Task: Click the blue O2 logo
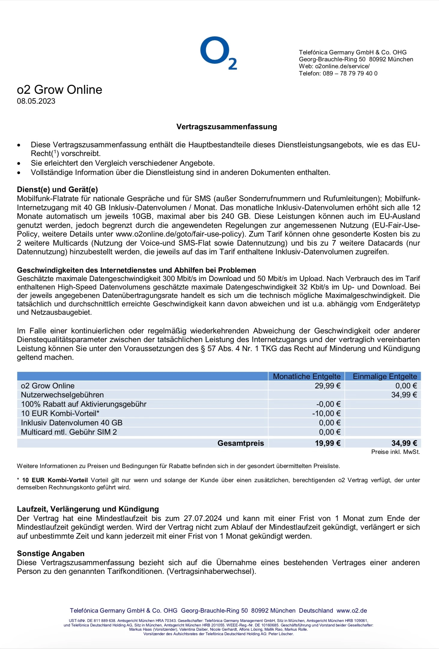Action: [x=218, y=53]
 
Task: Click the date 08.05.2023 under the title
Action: [x=36, y=101]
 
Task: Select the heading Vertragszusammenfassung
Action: [x=226, y=127]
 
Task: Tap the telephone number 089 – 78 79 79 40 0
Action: [x=350, y=73]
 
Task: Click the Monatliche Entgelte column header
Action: [x=307, y=376]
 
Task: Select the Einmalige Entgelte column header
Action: [x=385, y=376]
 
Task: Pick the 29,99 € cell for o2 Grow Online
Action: [x=327, y=386]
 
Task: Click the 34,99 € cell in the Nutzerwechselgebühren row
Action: [x=404, y=395]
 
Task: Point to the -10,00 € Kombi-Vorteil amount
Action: [x=326, y=413]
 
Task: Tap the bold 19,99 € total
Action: [x=327, y=443]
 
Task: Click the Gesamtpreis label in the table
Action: [x=241, y=443]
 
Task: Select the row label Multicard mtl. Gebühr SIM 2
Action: [x=69, y=432]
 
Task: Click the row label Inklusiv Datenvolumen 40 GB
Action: [x=71, y=423]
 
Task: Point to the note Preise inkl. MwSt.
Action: [x=395, y=452]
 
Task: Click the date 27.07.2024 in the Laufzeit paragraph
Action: [x=203, y=518]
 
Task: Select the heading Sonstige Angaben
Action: [x=50, y=553]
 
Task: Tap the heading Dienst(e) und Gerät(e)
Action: [x=57, y=189]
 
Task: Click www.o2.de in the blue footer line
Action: [x=352, y=611]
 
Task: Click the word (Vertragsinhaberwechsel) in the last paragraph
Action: [x=211, y=571]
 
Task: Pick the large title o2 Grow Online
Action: [x=59, y=90]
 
